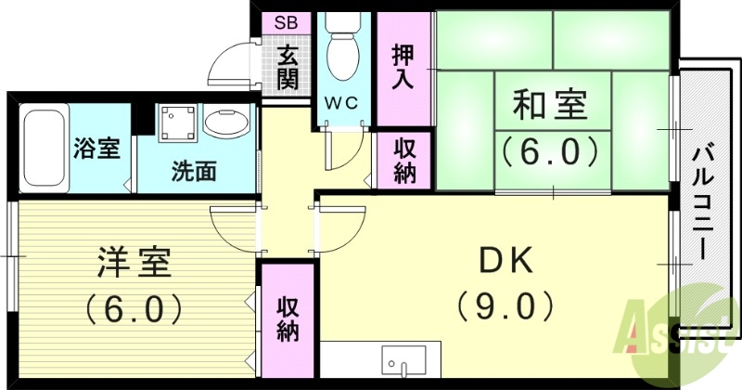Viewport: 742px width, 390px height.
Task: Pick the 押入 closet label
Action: click(x=403, y=66)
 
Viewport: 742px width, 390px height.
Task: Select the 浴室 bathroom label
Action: click(x=97, y=148)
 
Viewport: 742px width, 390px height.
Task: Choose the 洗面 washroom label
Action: click(x=193, y=172)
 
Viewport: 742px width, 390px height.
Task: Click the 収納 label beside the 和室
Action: click(x=404, y=160)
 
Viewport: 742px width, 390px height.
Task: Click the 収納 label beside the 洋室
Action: click(x=287, y=318)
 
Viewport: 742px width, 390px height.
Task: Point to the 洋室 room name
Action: click(x=134, y=263)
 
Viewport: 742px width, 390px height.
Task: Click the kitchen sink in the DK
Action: click(x=403, y=363)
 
